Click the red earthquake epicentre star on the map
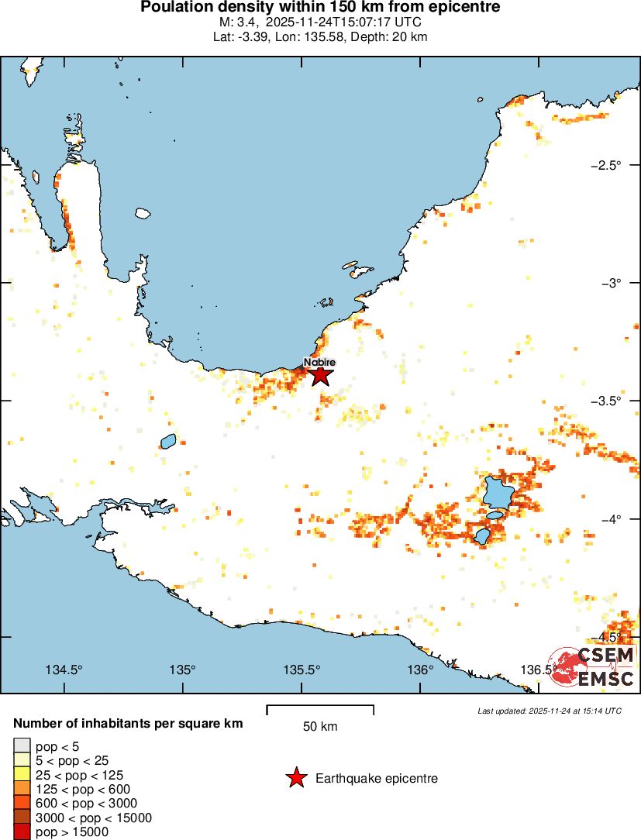pyautogui.click(x=321, y=376)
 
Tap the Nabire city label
pyautogui.click(x=319, y=362)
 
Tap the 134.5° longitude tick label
pyautogui.click(x=64, y=670)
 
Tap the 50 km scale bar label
pyautogui.click(x=320, y=727)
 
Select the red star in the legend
pyautogui.click(x=295, y=778)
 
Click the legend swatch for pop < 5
pyautogui.click(x=22, y=747)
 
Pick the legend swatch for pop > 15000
pyautogui.click(x=22, y=832)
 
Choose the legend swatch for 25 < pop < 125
pyautogui.click(x=22, y=775)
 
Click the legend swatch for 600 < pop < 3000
pyautogui.click(x=22, y=804)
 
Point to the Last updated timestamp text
pyautogui.click(x=549, y=711)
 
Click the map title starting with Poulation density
pyautogui.click(x=320, y=8)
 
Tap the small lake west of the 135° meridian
pyautogui.click(x=168, y=442)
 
